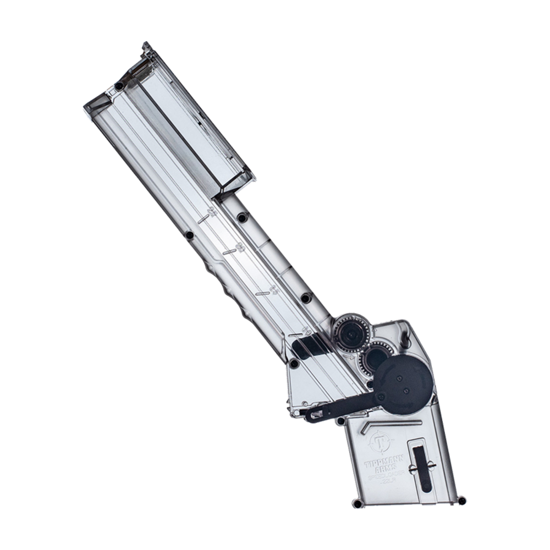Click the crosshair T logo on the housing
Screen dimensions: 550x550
click(x=379, y=441)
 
